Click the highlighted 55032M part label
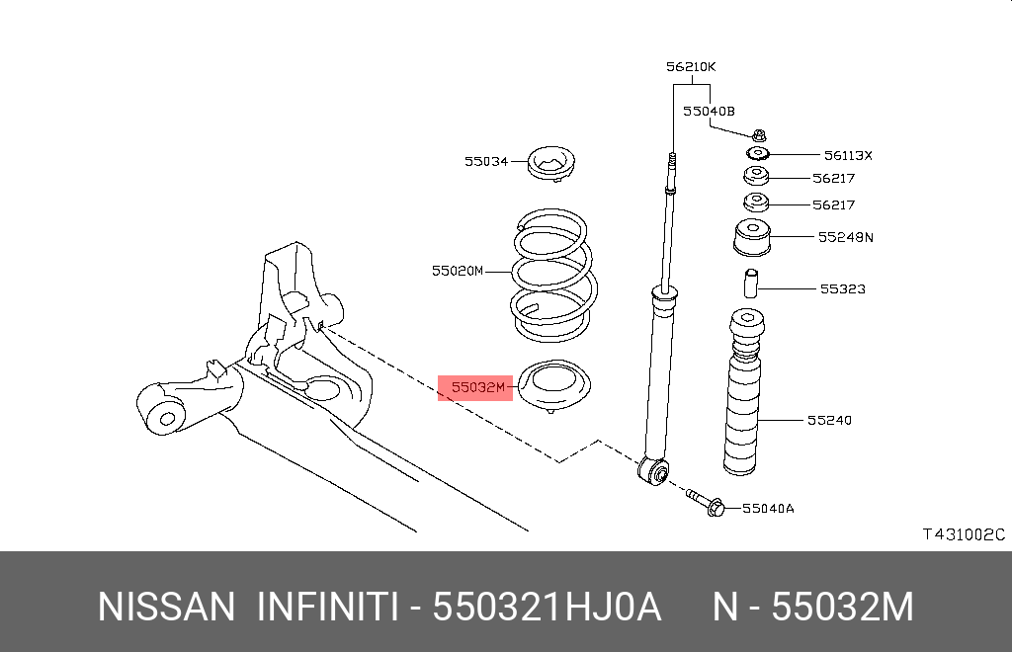(x=477, y=388)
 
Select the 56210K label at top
(x=690, y=67)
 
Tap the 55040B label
(x=709, y=112)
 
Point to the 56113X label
(x=848, y=156)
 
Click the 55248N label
(x=846, y=237)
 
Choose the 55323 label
(x=842, y=289)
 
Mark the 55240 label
(x=828, y=421)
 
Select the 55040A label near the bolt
(x=768, y=509)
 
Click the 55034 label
(x=486, y=160)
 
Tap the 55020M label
(x=457, y=270)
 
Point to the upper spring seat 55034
(x=551, y=163)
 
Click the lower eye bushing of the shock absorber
(x=654, y=472)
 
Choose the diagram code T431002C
(x=963, y=534)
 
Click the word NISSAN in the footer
(x=166, y=607)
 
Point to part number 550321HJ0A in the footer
(x=548, y=607)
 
